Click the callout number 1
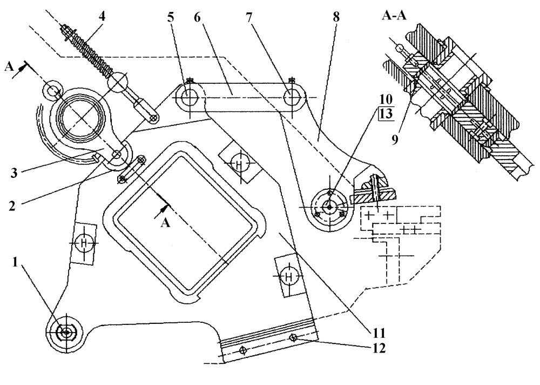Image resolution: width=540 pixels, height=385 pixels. click(x=15, y=263)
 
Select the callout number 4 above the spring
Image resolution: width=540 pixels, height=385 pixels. click(x=102, y=17)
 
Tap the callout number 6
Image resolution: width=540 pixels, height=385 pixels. click(x=197, y=17)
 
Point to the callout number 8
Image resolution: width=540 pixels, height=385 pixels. click(x=336, y=17)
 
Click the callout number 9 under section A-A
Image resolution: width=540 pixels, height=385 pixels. click(x=394, y=140)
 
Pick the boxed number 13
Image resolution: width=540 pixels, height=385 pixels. click(x=386, y=114)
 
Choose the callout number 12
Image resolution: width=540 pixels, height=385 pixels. click(x=378, y=348)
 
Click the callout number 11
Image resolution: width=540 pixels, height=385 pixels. click(x=377, y=333)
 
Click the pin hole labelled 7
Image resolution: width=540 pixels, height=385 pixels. click(x=292, y=97)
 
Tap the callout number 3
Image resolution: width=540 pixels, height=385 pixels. click(x=13, y=172)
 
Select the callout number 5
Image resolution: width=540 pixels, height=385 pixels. click(x=171, y=17)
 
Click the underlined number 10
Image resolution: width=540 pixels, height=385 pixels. click(x=386, y=99)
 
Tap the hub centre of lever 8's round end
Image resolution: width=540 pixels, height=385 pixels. click(x=329, y=207)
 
